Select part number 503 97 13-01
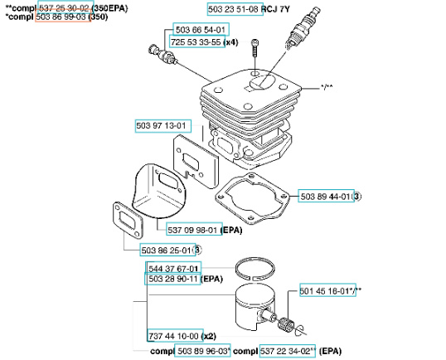pos(162,126)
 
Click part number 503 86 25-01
pos(167,250)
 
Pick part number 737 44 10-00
pos(173,336)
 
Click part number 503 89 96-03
pos(202,351)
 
